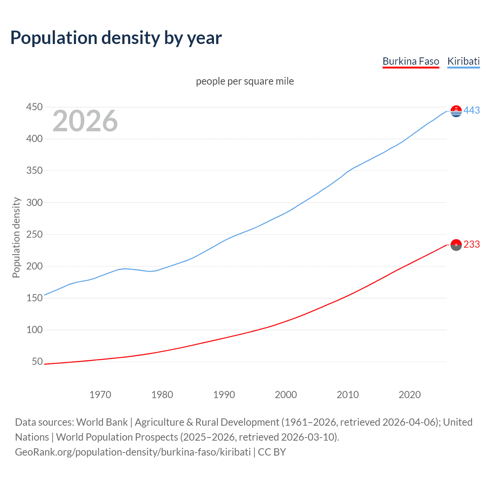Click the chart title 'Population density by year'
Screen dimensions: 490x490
[x=116, y=38]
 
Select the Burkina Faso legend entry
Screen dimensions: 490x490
[x=411, y=61]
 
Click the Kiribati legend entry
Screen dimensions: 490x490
[x=463, y=61]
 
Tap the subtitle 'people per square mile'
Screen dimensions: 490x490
[x=245, y=81]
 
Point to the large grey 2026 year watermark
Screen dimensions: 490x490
[x=85, y=121]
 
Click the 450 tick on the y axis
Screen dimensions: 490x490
[x=34, y=107]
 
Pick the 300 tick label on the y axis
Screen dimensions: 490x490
[x=34, y=203]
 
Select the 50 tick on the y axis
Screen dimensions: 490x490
[x=37, y=361]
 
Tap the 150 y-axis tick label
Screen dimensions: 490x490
[x=34, y=298]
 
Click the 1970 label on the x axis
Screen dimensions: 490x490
[x=100, y=395]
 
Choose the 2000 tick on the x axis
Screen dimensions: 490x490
[x=286, y=395]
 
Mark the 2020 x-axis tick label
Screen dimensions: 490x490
[x=410, y=395]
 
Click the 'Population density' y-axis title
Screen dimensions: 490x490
[x=16, y=237]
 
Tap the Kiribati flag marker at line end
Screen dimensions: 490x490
[x=456, y=111]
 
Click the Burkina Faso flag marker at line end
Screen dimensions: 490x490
[x=456, y=245]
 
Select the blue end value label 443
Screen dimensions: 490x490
[x=472, y=110]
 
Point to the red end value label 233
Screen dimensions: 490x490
[x=472, y=244]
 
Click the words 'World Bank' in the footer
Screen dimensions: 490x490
[x=102, y=422]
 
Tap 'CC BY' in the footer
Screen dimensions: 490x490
[x=272, y=452]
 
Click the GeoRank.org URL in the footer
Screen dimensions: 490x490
[x=133, y=452]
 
